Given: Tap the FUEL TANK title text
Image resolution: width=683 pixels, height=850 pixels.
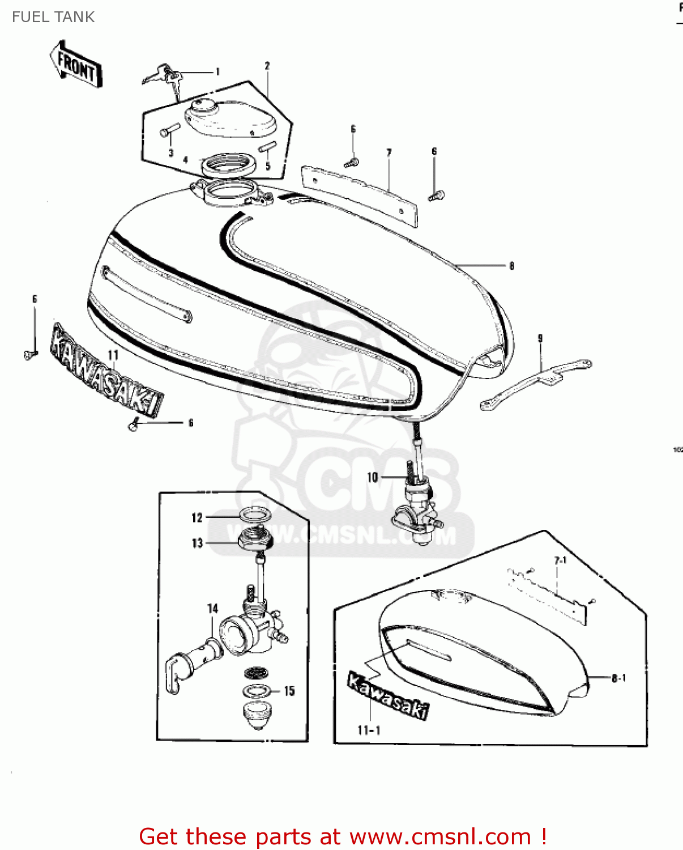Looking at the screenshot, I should pyautogui.click(x=53, y=17).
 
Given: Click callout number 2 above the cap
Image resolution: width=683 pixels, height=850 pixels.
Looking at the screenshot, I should pyautogui.click(x=267, y=66).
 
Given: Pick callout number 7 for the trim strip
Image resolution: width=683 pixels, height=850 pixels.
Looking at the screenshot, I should pyautogui.click(x=389, y=152).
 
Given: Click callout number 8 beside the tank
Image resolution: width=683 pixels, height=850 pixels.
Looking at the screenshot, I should pyautogui.click(x=511, y=265).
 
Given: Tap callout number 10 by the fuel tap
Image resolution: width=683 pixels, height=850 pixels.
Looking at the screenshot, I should pyautogui.click(x=372, y=477).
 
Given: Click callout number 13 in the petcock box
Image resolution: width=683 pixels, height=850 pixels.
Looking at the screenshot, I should pyautogui.click(x=197, y=543).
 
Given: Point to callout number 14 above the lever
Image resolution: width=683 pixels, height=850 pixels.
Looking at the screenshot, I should pyautogui.click(x=212, y=608).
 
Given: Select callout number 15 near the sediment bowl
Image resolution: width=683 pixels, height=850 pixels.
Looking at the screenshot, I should pyautogui.click(x=289, y=691).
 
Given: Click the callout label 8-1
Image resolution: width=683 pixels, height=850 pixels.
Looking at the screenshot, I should pyautogui.click(x=618, y=678).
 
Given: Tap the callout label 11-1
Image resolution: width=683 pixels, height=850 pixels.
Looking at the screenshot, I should pyautogui.click(x=369, y=730).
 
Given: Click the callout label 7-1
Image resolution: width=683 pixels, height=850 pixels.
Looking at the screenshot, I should pyautogui.click(x=560, y=560).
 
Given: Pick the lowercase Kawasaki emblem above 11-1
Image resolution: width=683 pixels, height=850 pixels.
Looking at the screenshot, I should pyautogui.click(x=388, y=696).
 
